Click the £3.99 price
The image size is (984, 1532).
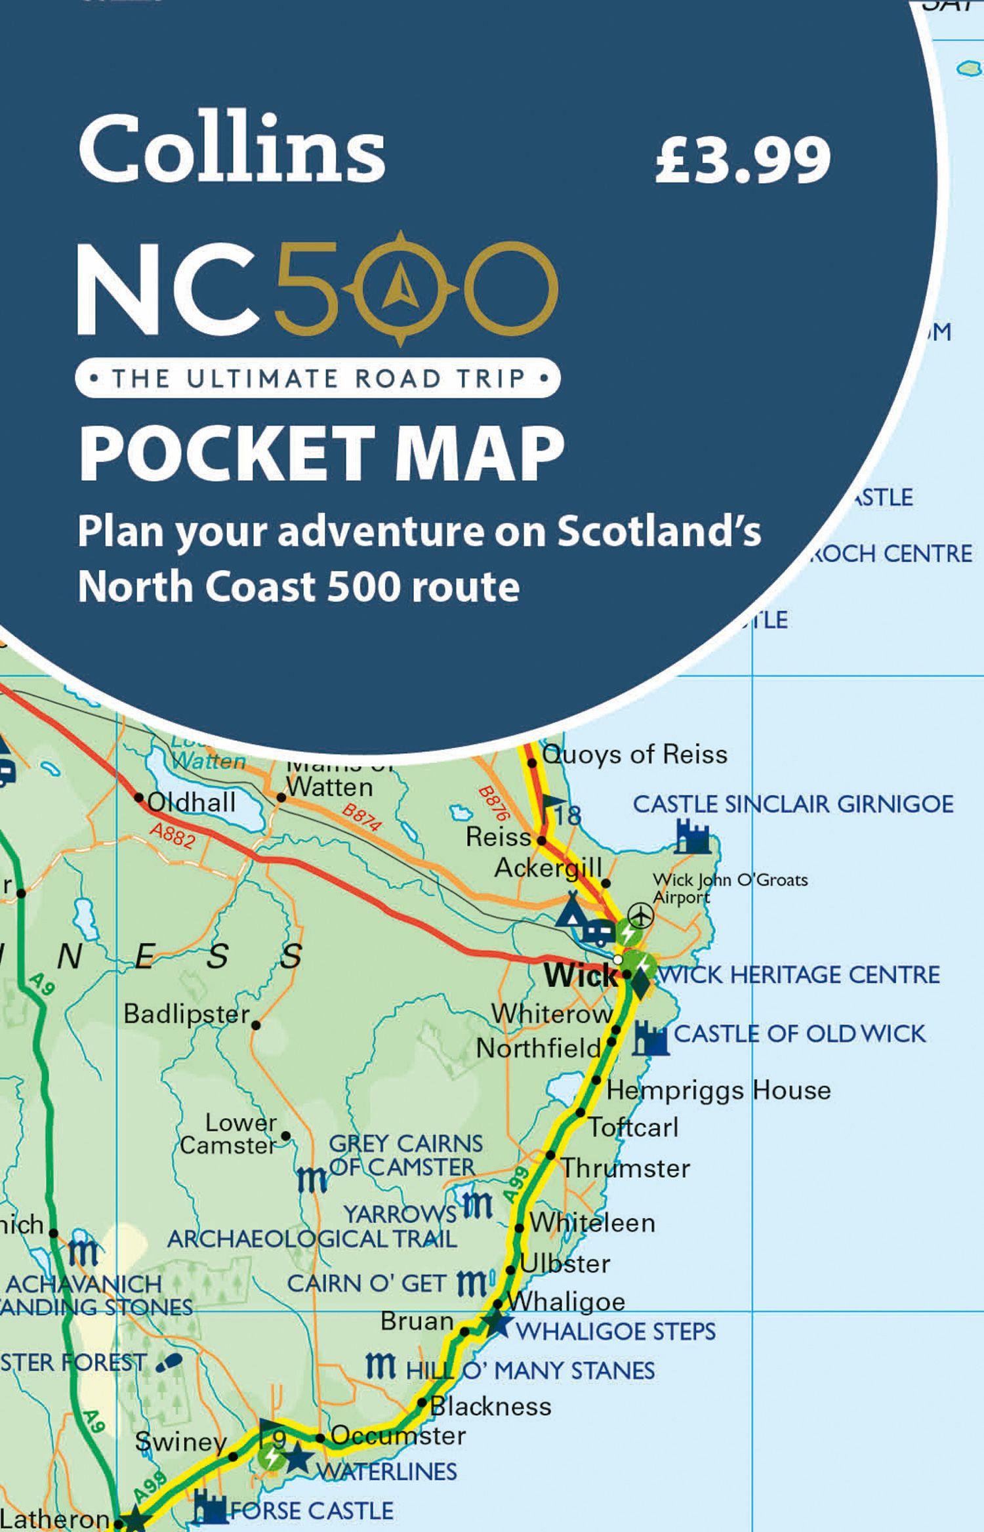coord(743,159)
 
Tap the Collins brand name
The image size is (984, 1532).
coord(231,150)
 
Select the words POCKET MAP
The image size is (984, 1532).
coord(321,453)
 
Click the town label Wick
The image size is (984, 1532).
coord(579,975)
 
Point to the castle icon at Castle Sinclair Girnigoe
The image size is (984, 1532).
coord(692,837)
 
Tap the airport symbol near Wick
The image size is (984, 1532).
coord(640,913)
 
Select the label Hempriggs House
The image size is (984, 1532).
coord(718,1090)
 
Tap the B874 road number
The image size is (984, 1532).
coord(361,818)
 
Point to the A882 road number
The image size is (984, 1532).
coord(171,835)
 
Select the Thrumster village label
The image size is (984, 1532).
coord(626,1168)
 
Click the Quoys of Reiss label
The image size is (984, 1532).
coord(634,755)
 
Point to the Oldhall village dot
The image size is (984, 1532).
coord(139,798)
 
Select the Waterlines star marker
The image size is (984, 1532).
coord(297,1459)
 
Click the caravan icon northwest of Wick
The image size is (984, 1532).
coord(598,930)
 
